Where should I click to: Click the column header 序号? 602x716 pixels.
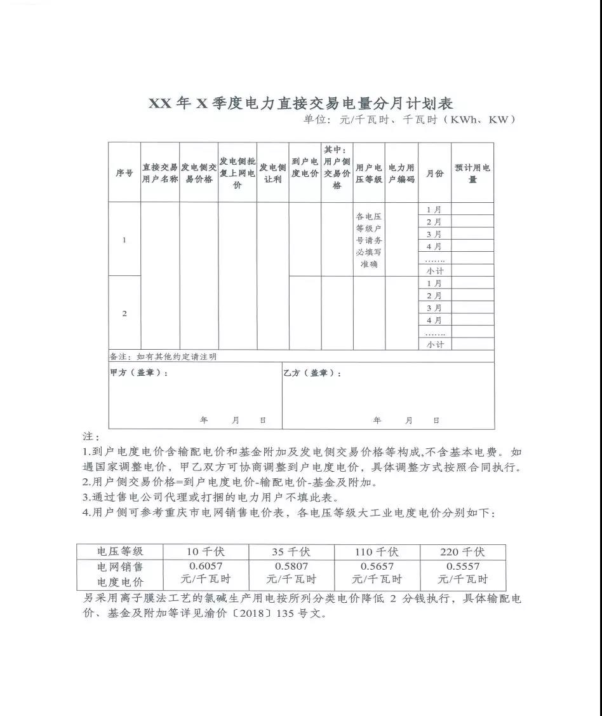pyautogui.click(x=124, y=173)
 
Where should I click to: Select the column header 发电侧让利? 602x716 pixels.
pyautogui.click(x=272, y=173)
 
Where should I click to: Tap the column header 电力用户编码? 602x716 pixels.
pyautogui.click(x=401, y=173)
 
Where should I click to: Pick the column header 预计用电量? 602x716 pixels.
pyautogui.click(x=472, y=173)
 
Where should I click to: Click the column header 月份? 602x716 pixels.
pyautogui.click(x=435, y=173)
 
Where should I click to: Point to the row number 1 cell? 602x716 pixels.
pyautogui.click(x=124, y=240)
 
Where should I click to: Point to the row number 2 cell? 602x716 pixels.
pyautogui.click(x=124, y=313)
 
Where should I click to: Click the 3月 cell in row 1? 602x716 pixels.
pyautogui.click(x=435, y=234)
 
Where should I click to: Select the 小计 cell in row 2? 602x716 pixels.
pyautogui.click(x=435, y=344)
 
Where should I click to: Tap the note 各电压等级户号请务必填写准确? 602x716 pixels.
pyautogui.click(x=369, y=240)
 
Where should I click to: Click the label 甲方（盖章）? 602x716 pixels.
pyautogui.click(x=139, y=373)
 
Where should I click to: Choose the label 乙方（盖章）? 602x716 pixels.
pyautogui.click(x=312, y=373)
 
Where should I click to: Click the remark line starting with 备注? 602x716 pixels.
pyautogui.click(x=163, y=357)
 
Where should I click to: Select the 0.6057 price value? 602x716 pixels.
pyautogui.click(x=206, y=565)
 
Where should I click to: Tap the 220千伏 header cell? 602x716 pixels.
pyautogui.click(x=462, y=551)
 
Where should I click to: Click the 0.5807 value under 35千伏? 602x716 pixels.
pyautogui.click(x=291, y=565)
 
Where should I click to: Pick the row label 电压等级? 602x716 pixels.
pyautogui.click(x=120, y=551)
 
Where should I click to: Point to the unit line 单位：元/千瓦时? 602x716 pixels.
pyautogui.click(x=408, y=120)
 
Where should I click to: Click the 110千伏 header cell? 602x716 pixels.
pyautogui.click(x=377, y=551)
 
